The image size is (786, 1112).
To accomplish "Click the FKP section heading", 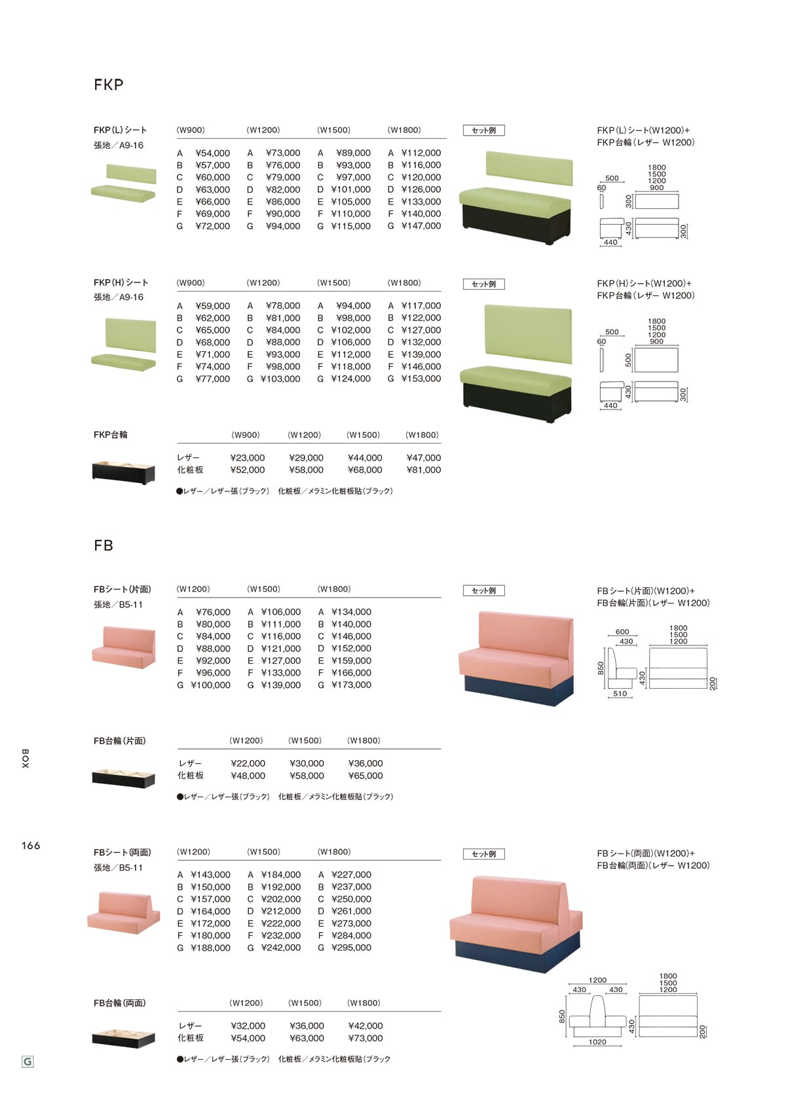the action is [108, 85].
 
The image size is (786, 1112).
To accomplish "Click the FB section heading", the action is [103, 546].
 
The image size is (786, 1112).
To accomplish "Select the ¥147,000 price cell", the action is [421, 226].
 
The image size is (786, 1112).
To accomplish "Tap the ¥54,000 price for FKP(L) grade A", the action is [212, 153].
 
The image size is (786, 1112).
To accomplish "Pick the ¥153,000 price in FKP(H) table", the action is [421, 379].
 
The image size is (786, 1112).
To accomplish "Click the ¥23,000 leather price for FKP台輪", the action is [247, 457].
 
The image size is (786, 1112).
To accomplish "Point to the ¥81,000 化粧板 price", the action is [423, 470].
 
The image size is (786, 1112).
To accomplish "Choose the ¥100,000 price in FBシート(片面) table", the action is [210, 685].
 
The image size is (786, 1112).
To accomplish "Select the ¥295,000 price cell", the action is [351, 948].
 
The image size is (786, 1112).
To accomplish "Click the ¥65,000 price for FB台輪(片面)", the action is [365, 776].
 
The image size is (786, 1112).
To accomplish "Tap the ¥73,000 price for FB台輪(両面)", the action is [365, 1038].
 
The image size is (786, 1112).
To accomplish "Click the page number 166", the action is [31, 845].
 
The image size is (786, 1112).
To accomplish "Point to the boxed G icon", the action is [28, 1062].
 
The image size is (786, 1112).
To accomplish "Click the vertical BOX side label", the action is [26, 759].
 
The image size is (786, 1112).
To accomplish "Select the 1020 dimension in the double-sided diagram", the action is [597, 1042].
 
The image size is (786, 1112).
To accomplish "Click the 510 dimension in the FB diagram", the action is [620, 693].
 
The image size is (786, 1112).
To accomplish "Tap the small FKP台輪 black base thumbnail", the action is [124, 472].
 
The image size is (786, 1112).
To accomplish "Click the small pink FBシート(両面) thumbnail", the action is [124, 912].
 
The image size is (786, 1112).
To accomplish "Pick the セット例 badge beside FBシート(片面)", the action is [484, 591].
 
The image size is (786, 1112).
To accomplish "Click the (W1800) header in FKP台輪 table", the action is [422, 435].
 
